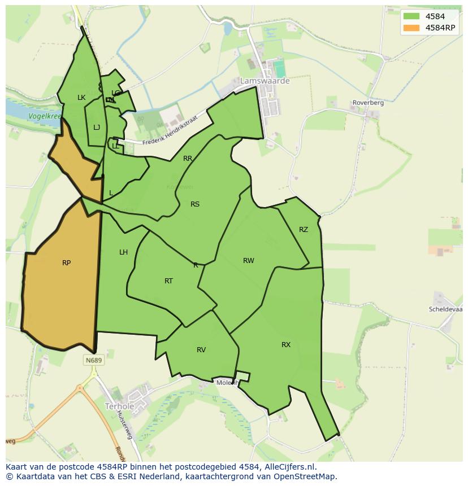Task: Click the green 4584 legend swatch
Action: point(411,16)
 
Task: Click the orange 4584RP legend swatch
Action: point(411,28)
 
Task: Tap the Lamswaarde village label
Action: point(265,81)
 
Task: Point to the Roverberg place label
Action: point(367,103)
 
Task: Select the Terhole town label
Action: point(119,406)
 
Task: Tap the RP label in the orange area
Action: point(66,262)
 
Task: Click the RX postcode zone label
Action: point(286,344)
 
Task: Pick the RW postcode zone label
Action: point(249,260)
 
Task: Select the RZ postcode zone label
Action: point(304,229)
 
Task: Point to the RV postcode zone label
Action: point(201,350)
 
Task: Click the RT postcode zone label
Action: point(168,281)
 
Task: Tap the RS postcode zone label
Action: point(195,204)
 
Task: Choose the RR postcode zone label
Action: point(188,159)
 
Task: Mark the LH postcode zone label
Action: point(123,252)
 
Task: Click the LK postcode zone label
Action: point(81,98)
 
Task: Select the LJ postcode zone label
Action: point(97,127)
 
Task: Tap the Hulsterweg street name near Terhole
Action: point(124,425)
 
